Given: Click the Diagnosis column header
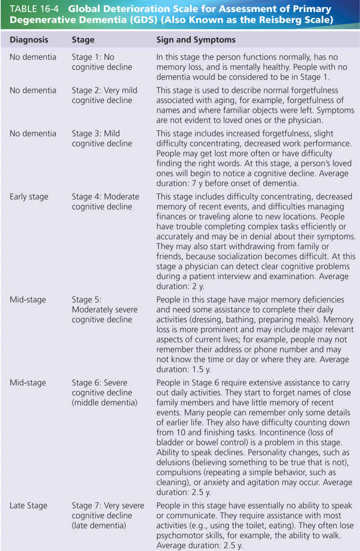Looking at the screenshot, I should tap(29, 40).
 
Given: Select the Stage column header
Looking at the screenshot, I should tap(83, 40).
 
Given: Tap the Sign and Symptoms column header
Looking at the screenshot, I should tap(196, 40).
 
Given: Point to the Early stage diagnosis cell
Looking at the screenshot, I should tap(29, 197).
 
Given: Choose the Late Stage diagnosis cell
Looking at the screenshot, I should tap(29, 506).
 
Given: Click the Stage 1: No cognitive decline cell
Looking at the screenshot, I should tap(101, 62).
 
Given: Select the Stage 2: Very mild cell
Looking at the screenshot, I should tap(104, 95).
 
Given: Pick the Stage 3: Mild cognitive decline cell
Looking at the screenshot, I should tap(101, 138).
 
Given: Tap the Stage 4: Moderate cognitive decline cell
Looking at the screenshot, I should tap(105, 201).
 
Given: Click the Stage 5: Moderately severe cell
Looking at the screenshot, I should tap(104, 310).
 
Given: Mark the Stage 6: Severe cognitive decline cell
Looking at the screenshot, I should tap(104, 392).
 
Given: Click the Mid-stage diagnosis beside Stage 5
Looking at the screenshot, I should tap(28, 300).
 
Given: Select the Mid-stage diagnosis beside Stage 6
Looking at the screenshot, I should tap(28, 382).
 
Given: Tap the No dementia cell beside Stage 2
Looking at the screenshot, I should tap(32, 90).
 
